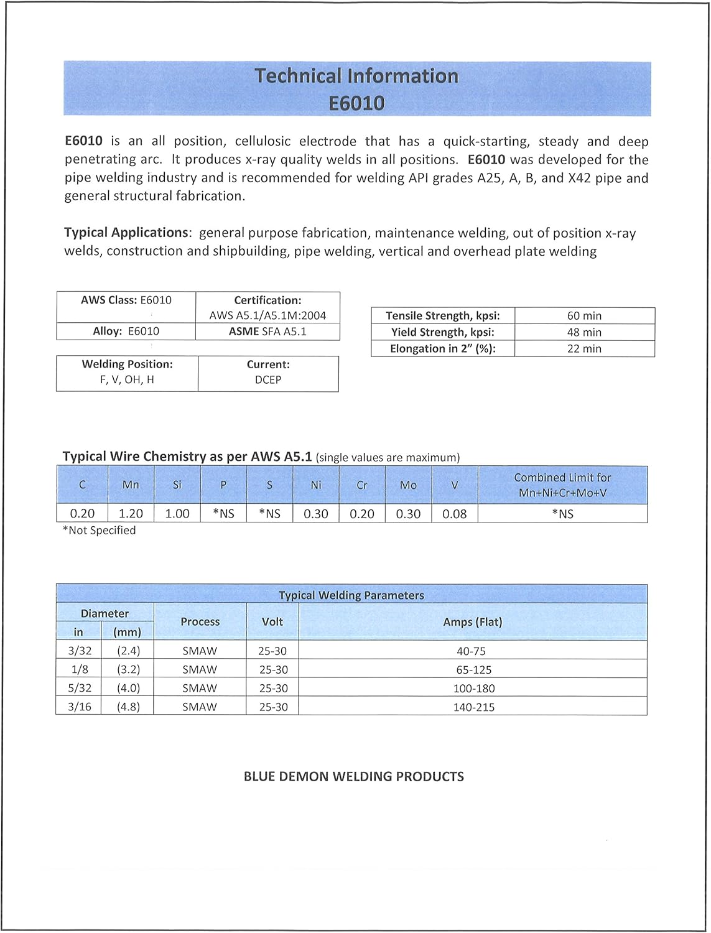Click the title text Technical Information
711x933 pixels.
(x=356, y=76)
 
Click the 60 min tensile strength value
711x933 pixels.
(x=583, y=316)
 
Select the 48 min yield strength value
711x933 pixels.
(x=583, y=332)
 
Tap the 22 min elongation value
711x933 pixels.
(x=583, y=349)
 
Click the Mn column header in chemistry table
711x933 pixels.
(x=131, y=485)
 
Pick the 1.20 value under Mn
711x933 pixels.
(x=131, y=514)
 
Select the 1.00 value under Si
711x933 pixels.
(x=177, y=514)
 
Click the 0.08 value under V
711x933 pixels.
(x=454, y=514)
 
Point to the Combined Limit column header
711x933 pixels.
(x=562, y=485)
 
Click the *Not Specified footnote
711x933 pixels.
(x=99, y=531)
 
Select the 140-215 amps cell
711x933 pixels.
(x=473, y=707)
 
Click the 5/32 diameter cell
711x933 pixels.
(x=80, y=689)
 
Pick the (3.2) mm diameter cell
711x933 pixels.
(x=128, y=670)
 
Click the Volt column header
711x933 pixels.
(x=272, y=622)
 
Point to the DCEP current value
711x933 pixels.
(x=268, y=380)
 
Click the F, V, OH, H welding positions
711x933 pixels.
(x=127, y=380)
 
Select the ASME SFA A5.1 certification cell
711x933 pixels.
(x=267, y=332)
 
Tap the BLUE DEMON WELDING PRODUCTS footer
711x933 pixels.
(x=353, y=777)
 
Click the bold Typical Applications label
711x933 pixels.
(x=127, y=233)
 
